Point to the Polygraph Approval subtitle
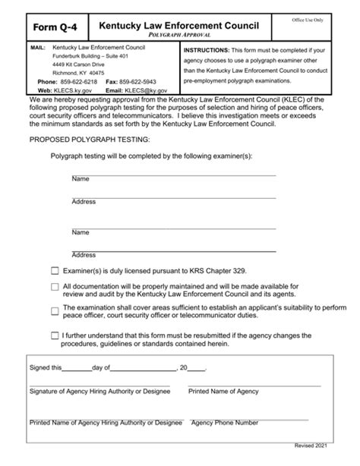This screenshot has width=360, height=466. click(180, 36)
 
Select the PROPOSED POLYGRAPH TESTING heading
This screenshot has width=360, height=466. click(90, 140)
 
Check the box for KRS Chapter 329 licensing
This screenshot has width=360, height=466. click(54, 270)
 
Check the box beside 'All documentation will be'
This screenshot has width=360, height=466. click(54, 287)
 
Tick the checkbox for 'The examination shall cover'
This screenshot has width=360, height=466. click(54, 310)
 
